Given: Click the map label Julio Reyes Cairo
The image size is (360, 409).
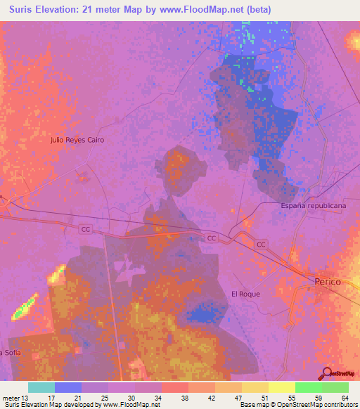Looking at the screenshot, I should pyautogui.click(x=77, y=140).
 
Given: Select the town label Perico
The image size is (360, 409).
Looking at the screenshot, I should pyautogui.click(x=327, y=281).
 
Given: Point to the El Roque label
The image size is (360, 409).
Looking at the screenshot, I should pyautogui.click(x=245, y=294).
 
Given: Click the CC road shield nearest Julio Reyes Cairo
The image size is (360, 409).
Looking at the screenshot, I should pyautogui.click(x=86, y=229).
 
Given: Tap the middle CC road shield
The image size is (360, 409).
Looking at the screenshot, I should pyautogui.click(x=212, y=239).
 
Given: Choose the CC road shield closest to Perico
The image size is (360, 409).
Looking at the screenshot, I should pyautogui.click(x=261, y=244).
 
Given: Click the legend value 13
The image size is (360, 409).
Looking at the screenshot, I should pyautogui.click(x=27, y=397).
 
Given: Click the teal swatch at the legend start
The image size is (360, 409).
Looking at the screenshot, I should pyautogui.click(x=41, y=387).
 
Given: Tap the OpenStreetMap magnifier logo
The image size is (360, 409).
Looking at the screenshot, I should pyautogui.click(x=326, y=373).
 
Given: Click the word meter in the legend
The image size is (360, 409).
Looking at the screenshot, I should pyautogui.click(x=11, y=397).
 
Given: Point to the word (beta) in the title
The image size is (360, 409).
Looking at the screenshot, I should pyautogui.click(x=255, y=10).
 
